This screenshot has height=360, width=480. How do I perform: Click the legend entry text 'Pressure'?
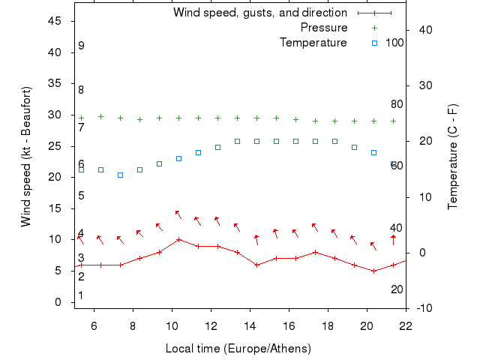point(324,28)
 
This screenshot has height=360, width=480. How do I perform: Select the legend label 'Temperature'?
point(313,43)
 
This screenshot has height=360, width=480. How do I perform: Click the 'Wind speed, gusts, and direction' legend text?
point(259,13)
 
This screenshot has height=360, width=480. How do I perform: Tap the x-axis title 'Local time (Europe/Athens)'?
point(238,349)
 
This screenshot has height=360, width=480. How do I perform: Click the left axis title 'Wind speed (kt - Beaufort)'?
point(25,157)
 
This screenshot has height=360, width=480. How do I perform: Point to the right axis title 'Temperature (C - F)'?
point(453,157)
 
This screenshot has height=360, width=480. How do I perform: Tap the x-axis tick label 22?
point(406,325)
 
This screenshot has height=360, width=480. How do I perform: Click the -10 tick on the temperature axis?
point(423,308)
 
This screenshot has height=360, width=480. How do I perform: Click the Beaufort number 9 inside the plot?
point(81,46)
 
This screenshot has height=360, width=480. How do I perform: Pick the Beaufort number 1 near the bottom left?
point(81,295)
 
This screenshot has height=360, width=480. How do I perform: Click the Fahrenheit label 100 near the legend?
point(394,43)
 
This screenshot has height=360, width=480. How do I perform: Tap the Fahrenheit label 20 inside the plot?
point(397,289)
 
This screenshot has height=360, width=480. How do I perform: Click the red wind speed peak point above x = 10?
point(178,240)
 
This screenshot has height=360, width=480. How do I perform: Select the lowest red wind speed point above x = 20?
point(373,271)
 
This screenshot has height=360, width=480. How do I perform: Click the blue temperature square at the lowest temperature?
point(120,175)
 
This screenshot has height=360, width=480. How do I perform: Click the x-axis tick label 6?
point(94,325)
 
